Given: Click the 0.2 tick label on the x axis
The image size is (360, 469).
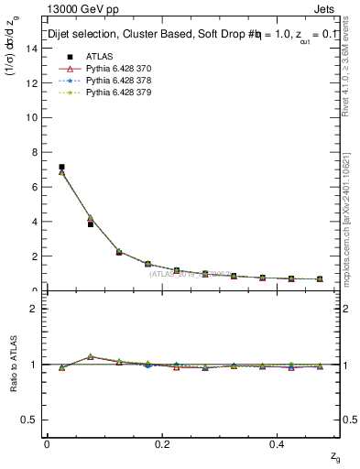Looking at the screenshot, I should [163, 443].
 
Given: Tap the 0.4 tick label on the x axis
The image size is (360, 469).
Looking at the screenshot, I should [279, 443].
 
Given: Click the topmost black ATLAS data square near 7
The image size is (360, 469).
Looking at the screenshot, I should [61, 167].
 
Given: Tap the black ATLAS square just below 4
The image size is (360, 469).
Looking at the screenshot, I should [90, 224].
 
